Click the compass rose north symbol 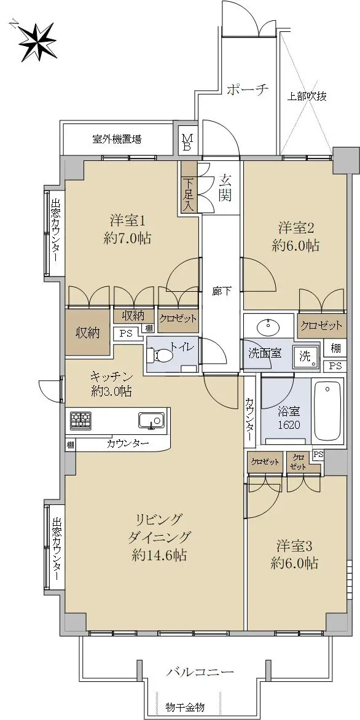[x=37, y=41]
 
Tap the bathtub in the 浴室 [x=327, y=410]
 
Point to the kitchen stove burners [x=80, y=420]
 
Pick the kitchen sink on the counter [x=151, y=420]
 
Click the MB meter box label [x=187, y=143]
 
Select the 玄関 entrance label [x=225, y=188]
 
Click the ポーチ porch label [x=248, y=90]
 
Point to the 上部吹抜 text [x=307, y=96]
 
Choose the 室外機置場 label [x=117, y=139]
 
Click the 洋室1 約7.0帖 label [x=128, y=230]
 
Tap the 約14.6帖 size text [x=159, y=555]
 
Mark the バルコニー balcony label [x=200, y=672]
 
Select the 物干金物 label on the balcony [x=185, y=706]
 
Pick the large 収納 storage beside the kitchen [x=88, y=333]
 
